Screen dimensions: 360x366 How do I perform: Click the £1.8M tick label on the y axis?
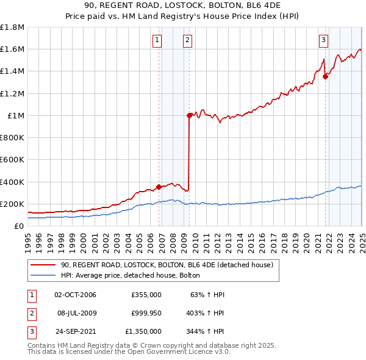[x=12, y=27]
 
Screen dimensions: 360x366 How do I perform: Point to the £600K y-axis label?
[x=12, y=160]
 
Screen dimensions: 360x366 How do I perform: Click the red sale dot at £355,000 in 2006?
[x=159, y=187]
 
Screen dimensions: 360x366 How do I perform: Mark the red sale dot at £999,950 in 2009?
[x=190, y=115]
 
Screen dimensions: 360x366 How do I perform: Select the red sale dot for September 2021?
[x=326, y=77]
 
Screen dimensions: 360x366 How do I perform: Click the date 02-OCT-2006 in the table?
[x=75, y=295]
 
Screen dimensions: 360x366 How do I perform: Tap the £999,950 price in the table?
[x=146, y=313]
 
